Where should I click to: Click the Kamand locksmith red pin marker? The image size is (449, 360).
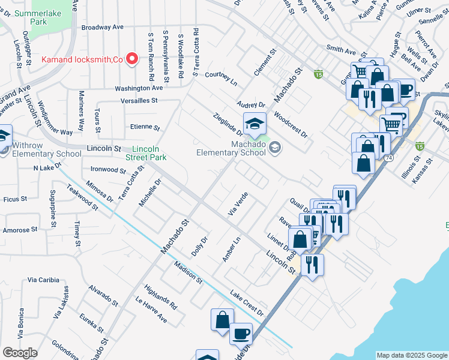coord(134,59)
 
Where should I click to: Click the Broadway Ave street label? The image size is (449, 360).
coord(102,27)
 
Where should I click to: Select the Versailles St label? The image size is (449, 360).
coord(139,101)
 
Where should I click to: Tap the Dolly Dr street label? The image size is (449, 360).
coord(199,247)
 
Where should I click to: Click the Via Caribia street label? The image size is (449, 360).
coord(43,280)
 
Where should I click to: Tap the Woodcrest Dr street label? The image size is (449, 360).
coord(290,124)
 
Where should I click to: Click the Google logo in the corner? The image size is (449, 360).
coord(19,353)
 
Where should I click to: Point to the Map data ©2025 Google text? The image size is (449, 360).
coord(411,355)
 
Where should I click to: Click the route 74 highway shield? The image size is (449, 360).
coord(390,157)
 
